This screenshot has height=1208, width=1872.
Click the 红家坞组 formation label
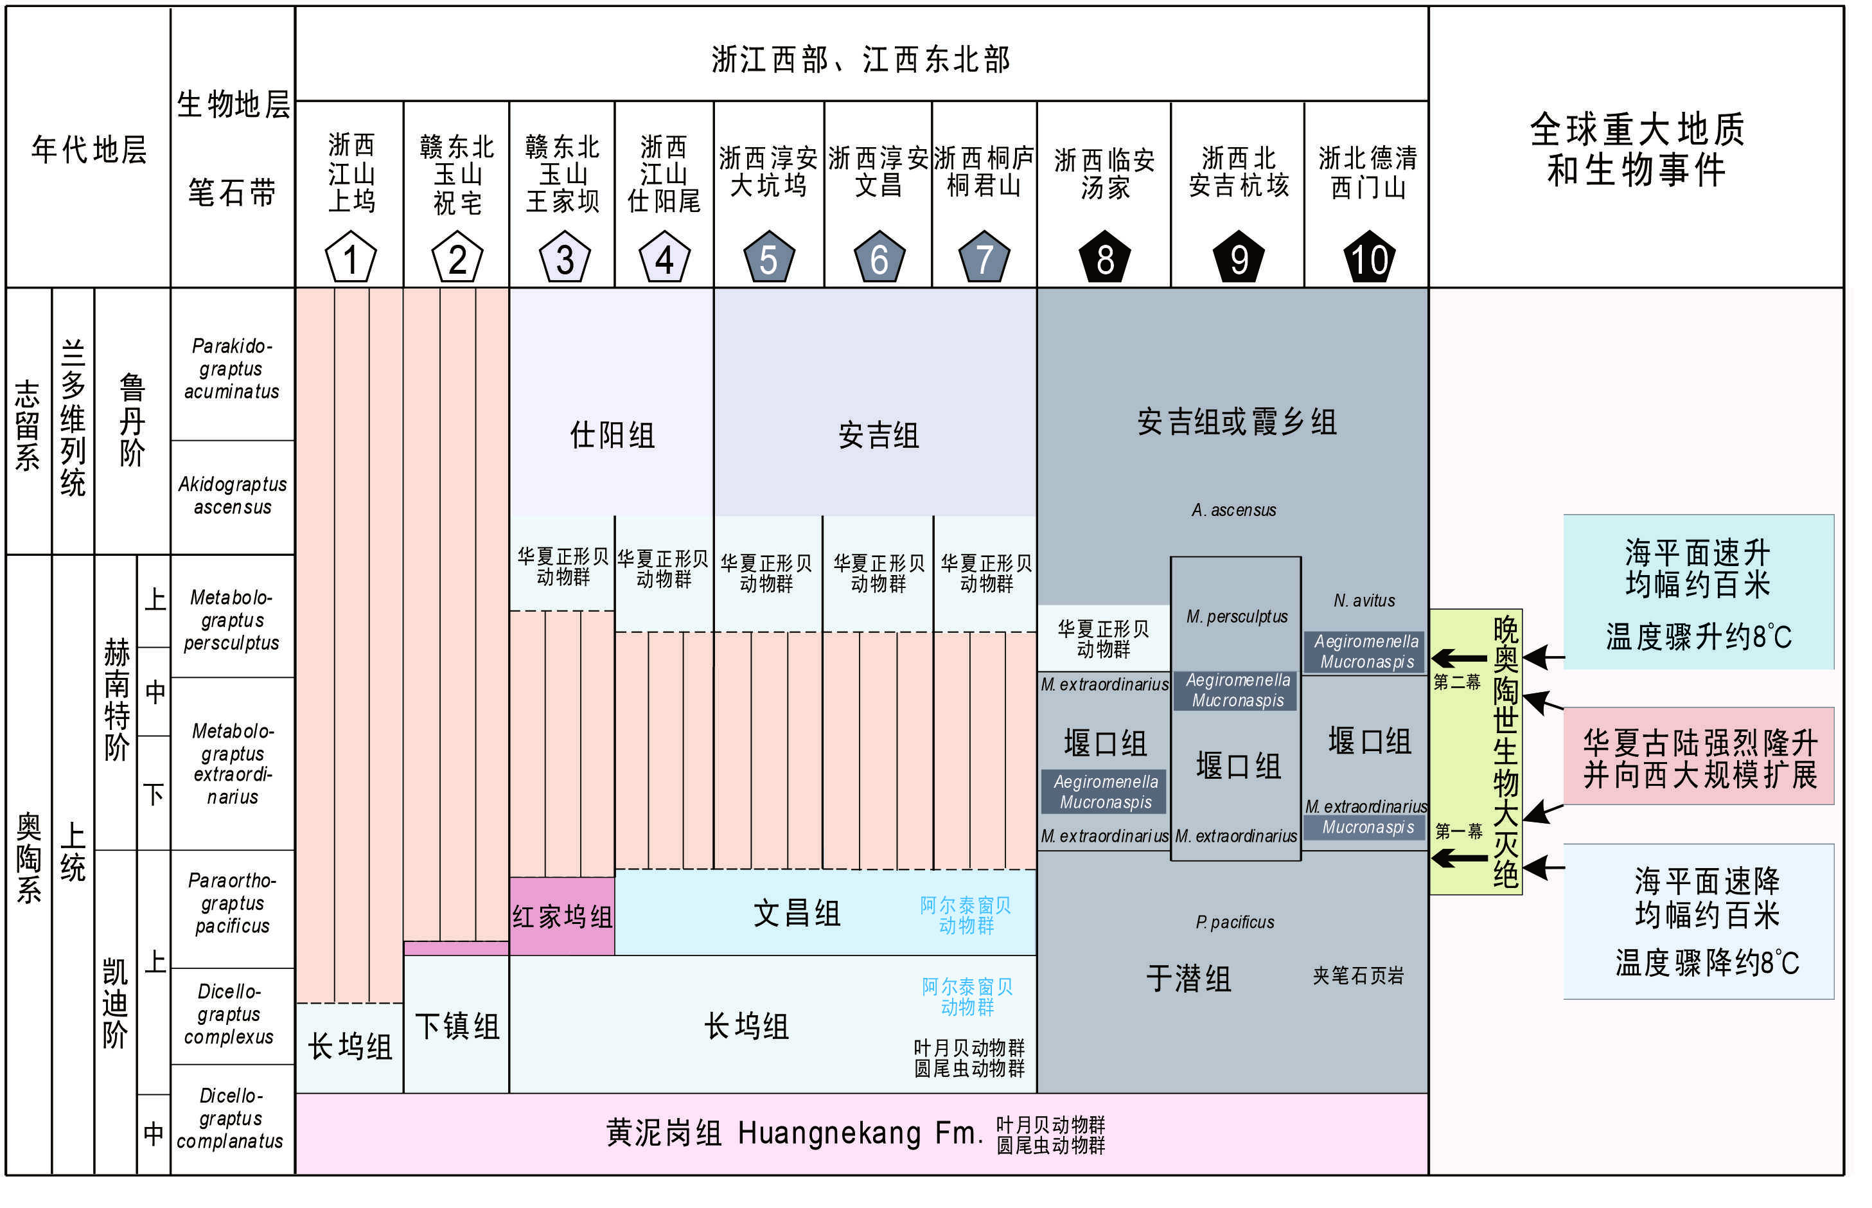(x=562, y=916)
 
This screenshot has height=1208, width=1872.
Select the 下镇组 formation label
(x=456, y=1026)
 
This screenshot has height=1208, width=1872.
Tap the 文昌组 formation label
(x=796, y=914)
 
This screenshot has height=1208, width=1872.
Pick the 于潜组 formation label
(x=1188, y=978)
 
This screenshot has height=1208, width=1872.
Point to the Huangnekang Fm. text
(x=860, y=1133)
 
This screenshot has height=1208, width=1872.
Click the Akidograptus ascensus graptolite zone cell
(x=232, y=496)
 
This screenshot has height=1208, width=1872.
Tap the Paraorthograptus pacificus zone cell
(x=232, y=903)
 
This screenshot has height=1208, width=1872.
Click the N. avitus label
(x=1364, y=601)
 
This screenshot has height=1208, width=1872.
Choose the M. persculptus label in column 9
(x=1237, y=617)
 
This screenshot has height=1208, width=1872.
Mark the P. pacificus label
(x=1235, y=923)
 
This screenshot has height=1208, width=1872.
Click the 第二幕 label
(x=1456, y=682)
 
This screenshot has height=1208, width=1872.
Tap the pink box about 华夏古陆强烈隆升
(x=1699, y=758)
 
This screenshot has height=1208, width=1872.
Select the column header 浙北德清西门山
(x=1368, y=173)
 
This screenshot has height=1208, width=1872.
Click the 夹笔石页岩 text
(x=1358, y=976)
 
